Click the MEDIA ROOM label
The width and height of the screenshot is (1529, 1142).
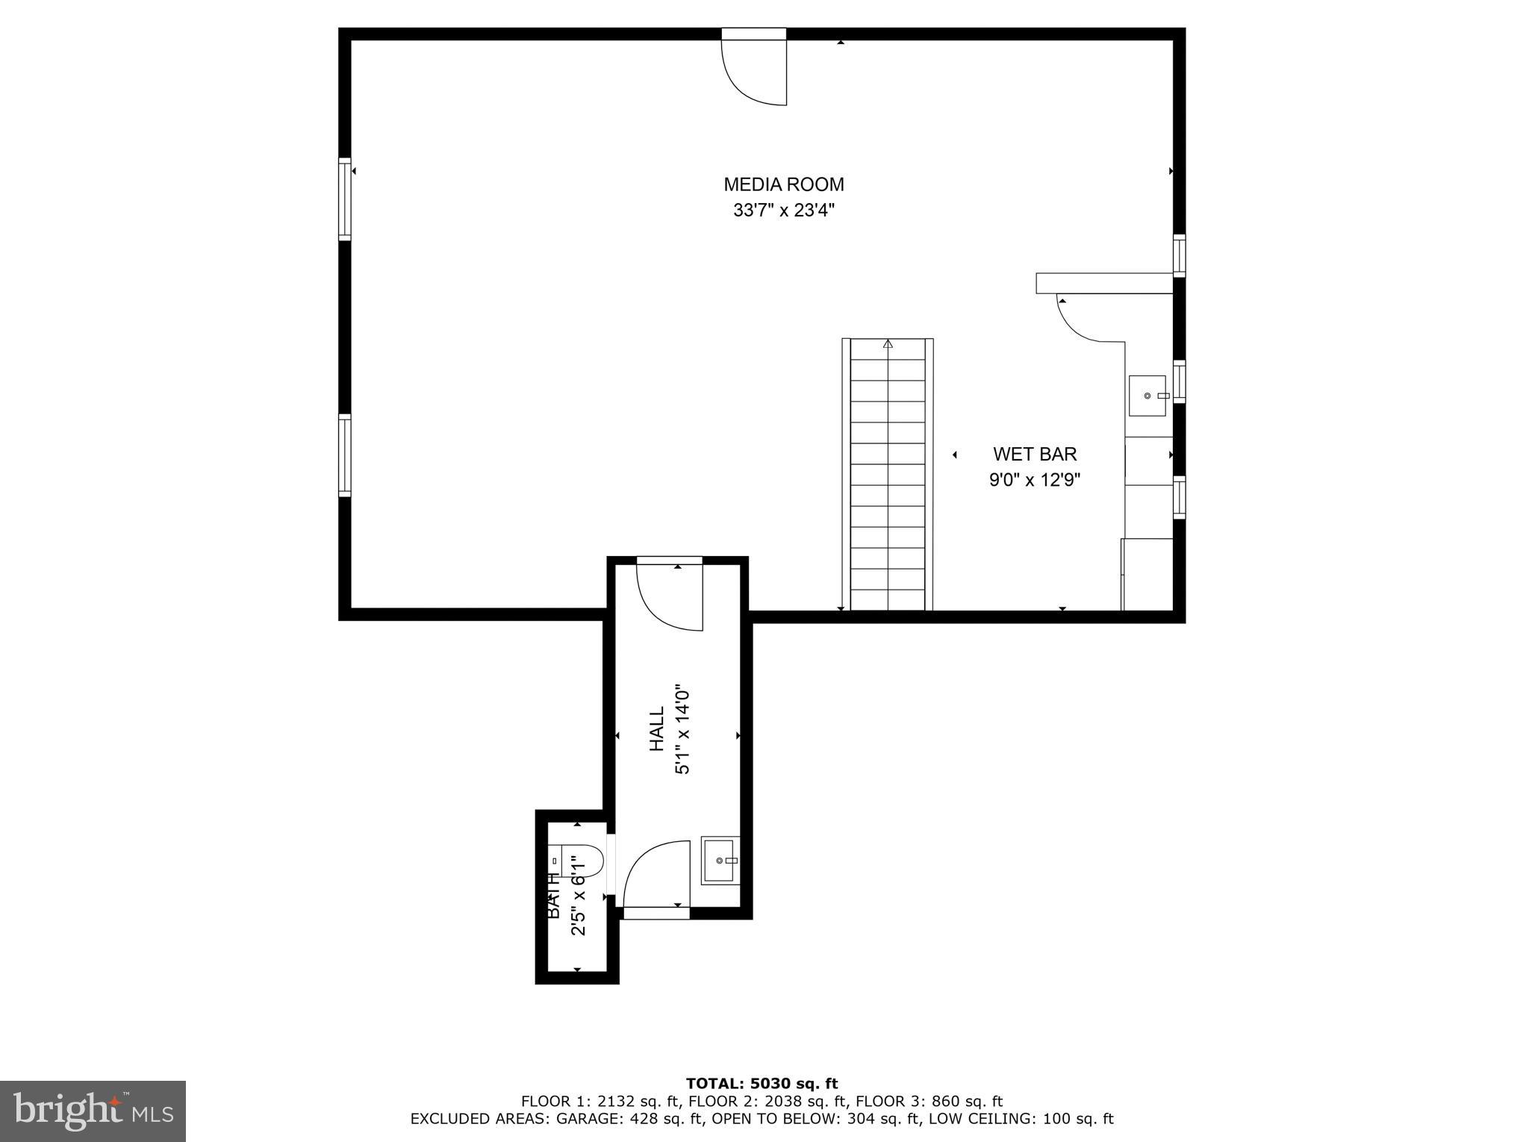783,184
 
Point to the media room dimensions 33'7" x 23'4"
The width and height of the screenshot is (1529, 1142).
783,210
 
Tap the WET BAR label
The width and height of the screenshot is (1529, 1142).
1035,454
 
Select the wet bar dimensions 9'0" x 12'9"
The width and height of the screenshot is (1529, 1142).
1035,480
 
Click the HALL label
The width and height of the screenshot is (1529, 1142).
657,729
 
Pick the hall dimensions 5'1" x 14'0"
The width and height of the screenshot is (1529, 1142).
682,729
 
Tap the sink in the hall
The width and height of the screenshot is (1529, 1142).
720,861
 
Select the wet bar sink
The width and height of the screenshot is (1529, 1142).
1147,396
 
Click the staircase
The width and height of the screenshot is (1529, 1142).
888,478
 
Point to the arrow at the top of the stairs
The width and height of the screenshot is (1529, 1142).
888,344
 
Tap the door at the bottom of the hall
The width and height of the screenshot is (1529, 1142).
656,877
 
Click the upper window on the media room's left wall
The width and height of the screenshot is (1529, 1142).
344,199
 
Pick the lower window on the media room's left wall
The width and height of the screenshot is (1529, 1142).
344,455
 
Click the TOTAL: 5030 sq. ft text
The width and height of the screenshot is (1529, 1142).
762,1084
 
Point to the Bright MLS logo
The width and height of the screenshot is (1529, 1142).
93,1111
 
